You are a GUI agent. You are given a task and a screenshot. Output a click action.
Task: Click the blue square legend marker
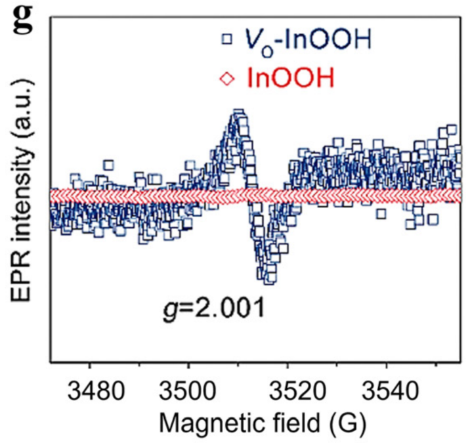(226, 40)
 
